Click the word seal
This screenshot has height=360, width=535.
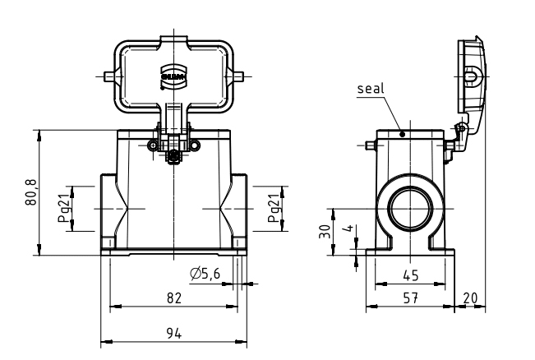tap(371, 88)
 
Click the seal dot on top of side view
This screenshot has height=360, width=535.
tap(402, 132)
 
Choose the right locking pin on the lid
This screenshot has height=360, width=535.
tap(240, 76)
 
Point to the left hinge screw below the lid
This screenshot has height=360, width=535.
tap(152, 146)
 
